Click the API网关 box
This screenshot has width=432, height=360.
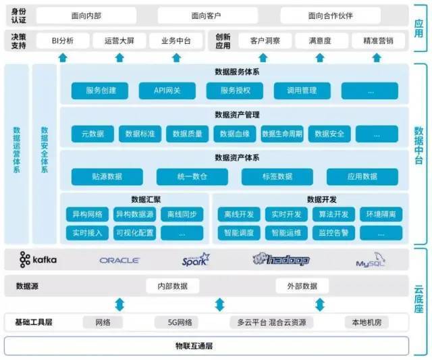tap(167, 91)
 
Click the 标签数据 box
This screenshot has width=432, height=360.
tap(277, 177)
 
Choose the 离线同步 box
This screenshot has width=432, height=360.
tap(182, 215)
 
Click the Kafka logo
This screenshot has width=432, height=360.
tap(38, 260)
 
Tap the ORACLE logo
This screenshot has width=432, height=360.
tap(119, 260)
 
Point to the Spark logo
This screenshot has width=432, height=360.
tap(196, 260)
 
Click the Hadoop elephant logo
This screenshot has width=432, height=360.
tap(281, 260)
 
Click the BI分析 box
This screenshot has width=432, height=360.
tap(63, 41)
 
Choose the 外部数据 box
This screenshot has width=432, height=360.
tap(301, 286)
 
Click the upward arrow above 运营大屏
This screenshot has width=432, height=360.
tap(119, 57)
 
